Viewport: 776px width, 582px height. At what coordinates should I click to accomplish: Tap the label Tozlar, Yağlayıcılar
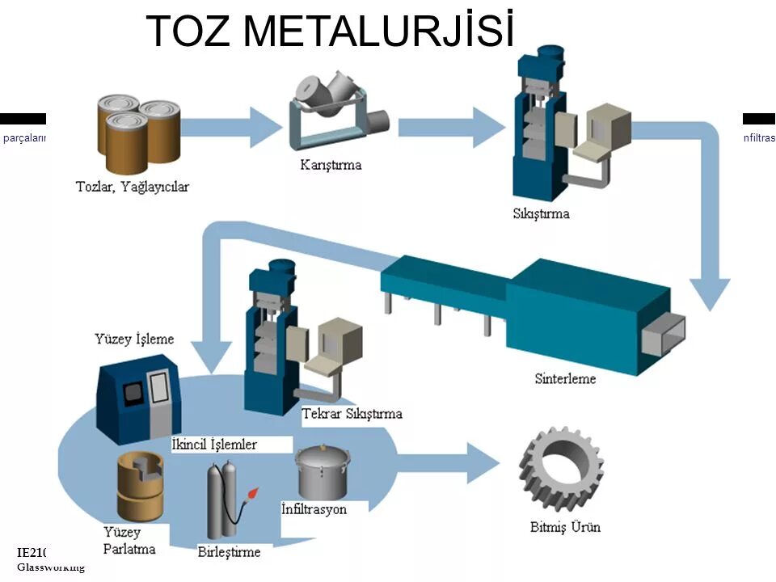(132, 187)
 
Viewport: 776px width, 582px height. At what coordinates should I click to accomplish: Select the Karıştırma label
(331, 166)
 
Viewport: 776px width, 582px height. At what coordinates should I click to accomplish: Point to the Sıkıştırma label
(541, 214)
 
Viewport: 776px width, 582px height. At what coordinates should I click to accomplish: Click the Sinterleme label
(565, 378)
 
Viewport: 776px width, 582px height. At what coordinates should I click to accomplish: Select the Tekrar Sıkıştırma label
(352, 414)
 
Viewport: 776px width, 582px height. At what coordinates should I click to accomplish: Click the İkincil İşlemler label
(214, 445)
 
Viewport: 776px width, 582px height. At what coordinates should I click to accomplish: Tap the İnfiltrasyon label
(314, 509)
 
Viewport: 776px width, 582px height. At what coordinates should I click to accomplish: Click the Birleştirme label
(229, 553)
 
